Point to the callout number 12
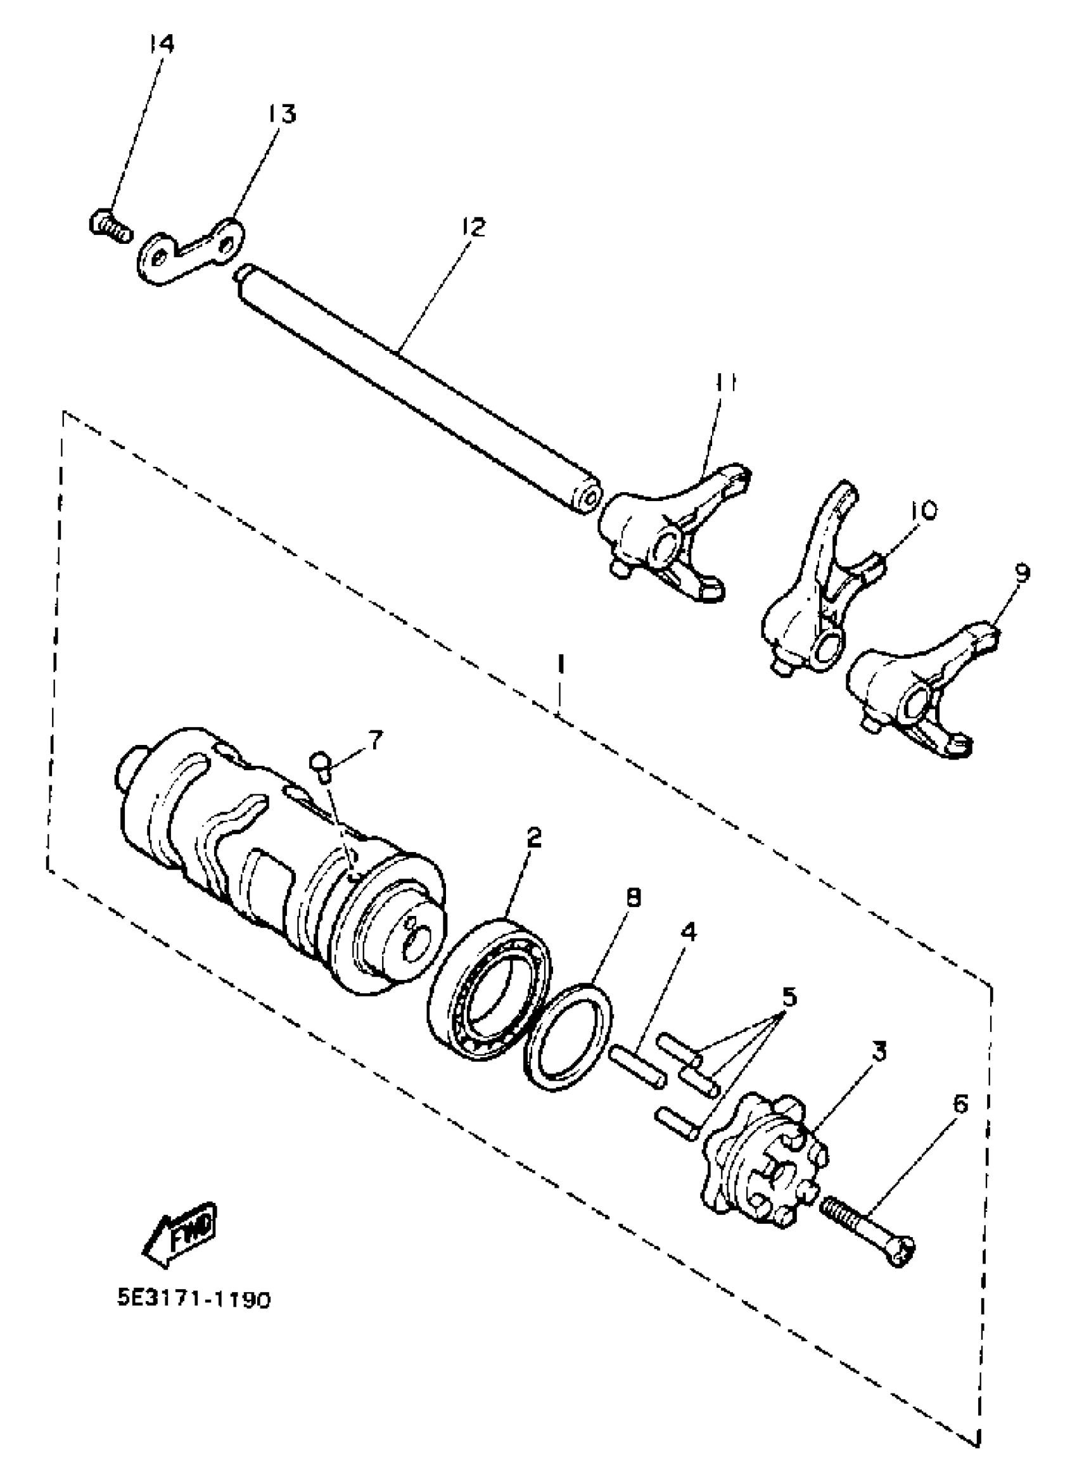475,227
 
